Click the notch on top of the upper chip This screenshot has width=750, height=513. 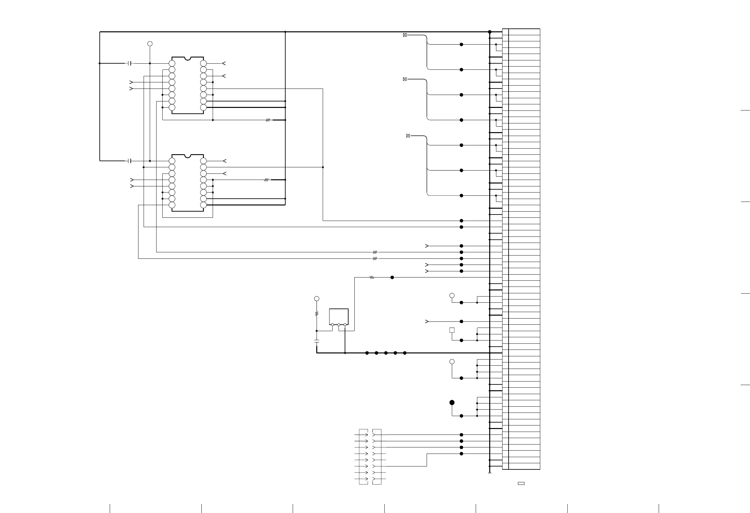point(187,58)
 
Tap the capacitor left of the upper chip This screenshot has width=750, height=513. point(130,63)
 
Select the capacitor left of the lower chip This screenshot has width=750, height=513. point(130,161)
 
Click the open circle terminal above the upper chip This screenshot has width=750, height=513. point(150,44)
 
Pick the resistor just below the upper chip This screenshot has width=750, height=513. point(268,120)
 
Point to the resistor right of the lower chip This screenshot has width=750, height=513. point(266,180)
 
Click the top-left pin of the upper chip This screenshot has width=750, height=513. point(172,63)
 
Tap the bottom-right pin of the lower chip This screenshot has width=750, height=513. point(203,205)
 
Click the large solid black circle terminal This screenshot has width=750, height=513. point(452,403)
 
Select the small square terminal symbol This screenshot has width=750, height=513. point(452,330)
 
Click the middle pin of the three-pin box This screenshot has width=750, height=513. point(339,324)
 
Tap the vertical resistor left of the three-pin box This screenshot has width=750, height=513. point(317,313)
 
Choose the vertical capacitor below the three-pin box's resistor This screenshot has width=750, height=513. point(317,341)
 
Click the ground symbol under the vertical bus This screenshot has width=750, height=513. point(490,474)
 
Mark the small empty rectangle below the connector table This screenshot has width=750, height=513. point(521,492)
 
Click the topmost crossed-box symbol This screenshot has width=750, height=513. point(405,35)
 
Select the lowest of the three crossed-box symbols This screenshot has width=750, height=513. point(408,136)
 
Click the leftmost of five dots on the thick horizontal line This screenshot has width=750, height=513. point(367,353)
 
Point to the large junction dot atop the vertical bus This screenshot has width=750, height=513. point(490,32)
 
